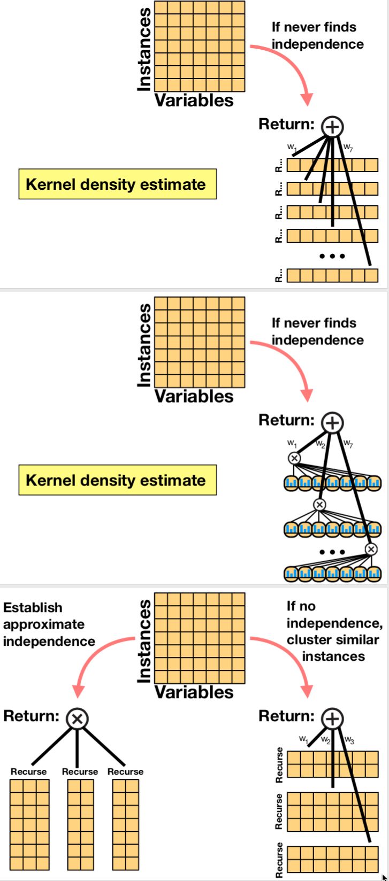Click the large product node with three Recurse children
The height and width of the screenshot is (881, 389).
pyautogui.click(x=77, y=718)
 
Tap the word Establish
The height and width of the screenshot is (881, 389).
pyautogui.click(x=33, y=608)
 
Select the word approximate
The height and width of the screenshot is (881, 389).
pyautogui.click(x=44, y=624)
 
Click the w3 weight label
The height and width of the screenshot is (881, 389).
pyautogui.click(x=349, y=740)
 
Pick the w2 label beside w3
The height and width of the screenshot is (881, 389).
pyautogui.click(x=326, y=740)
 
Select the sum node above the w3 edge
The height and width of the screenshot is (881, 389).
pyautogui.click(x=332, y=718)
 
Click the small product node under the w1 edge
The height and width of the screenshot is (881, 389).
pyautogui.click(x=294, y=458)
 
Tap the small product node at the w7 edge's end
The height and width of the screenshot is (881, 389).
pyautogui.click(x=371, y=549)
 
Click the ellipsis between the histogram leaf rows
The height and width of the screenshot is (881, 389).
pyautogui.click(x=332, y=552)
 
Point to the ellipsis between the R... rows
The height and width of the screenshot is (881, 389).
pyautogui.click(x=332, y=256)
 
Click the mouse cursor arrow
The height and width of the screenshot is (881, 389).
pyautogui.click(x=384, y=877)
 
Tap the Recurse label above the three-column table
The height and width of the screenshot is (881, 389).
pyautogui.click(x=28, y=771)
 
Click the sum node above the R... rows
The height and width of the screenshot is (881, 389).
pyautogui.click(x=332, y=127)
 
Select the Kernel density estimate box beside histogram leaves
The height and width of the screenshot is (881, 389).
pyautogui.click(x=117, y=480)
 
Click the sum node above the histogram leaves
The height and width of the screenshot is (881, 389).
pyautogui.click(x=332, y=423)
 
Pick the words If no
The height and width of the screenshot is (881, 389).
pyautogui.click(x=301, y=606)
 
